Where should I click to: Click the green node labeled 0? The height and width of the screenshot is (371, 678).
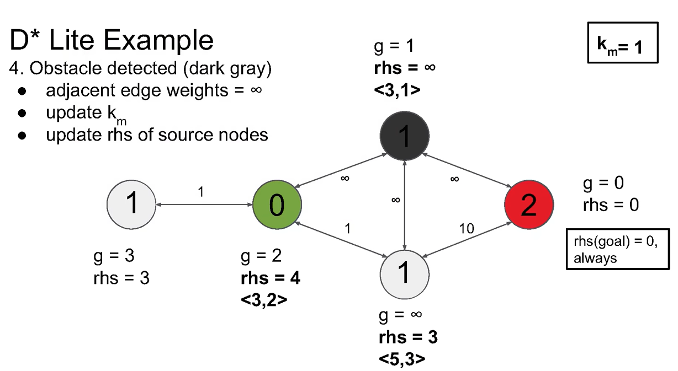coord(276,205)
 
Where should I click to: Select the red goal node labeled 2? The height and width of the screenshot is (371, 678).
coord(528,205)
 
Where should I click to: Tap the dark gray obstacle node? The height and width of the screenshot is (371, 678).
coord(405,136)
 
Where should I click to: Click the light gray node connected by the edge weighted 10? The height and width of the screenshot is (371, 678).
coord(405,273)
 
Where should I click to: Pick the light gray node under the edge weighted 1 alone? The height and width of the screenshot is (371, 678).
coord(131,205)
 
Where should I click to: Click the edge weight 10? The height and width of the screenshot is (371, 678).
coord(467,228)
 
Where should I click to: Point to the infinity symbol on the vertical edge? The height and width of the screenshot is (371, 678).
coord(395,200)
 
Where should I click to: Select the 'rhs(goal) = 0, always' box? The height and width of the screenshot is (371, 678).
coord(613,249)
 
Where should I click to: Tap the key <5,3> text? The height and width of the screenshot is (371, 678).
coord(402,358)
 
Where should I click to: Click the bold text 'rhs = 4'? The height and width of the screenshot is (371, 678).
coord(271,278)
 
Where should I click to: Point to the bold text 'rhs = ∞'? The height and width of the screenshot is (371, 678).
coord(405,68)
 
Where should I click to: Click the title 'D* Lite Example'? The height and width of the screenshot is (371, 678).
coord(112,40)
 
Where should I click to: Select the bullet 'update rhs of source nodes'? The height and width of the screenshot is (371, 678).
coord(157,135)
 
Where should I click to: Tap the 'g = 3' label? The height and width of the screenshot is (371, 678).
coord(114,256)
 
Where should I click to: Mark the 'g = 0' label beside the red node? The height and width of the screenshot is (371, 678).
coord(603,183)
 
